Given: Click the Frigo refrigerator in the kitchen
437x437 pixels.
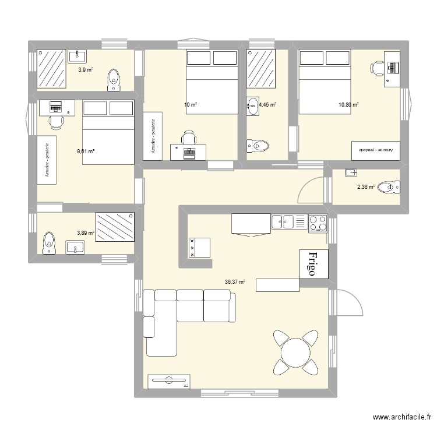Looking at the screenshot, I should click(x=313, y=264).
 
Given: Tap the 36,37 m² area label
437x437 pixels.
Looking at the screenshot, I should click(x=235, y=282).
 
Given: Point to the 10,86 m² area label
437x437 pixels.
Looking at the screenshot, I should click(x=348, y=105).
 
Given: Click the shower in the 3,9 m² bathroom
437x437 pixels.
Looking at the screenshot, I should click(x=52, y=68).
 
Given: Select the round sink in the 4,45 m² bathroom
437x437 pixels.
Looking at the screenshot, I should click(x=253, y=105).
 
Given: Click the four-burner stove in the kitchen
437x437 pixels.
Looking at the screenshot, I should click(x=318, y=222).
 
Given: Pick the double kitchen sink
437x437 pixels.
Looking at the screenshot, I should click(x=283, y=221).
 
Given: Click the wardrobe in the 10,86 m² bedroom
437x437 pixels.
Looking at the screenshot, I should click(x=376, y=150).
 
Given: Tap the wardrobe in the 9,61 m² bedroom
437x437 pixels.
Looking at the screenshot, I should click(x=47, y=160).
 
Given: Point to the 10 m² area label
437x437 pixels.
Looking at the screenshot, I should click(x=191, y=105).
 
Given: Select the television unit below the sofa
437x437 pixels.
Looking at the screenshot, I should click(x=169, y=381).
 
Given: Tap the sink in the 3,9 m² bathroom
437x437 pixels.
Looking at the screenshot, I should click(x=78, y=56).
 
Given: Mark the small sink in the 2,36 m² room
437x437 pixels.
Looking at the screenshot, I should click(x=350, y=172).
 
